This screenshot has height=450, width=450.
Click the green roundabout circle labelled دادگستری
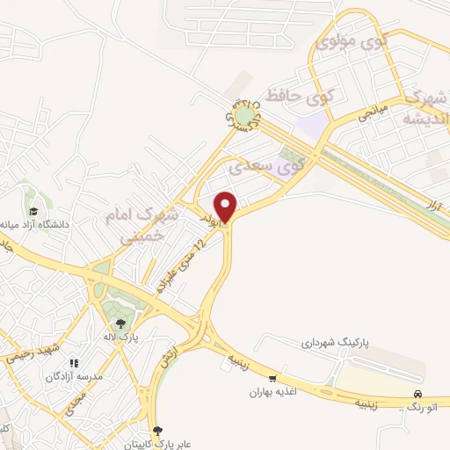tap(243, 114)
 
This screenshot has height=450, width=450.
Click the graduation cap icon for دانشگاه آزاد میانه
tap(33, 212)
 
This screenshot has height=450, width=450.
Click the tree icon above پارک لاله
tap(120, 322)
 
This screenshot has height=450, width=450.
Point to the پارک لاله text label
tap(120, 337)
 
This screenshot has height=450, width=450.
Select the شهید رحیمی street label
tap(29, 352)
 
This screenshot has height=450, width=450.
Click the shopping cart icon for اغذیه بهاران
tap(272, 378)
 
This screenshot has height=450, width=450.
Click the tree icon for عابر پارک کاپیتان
tap(158, 431)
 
